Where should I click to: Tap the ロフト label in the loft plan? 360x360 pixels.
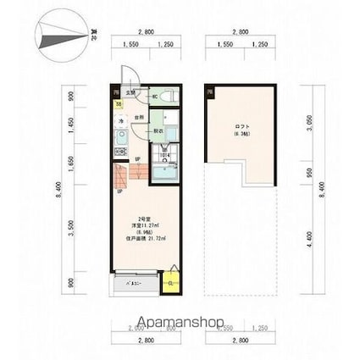pyautogui.click(x=241, y=129)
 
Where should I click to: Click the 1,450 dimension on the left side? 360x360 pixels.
pyautogui.click(x=71, y=130)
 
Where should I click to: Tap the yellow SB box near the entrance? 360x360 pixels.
pyautogui.click(x=119, y=105)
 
